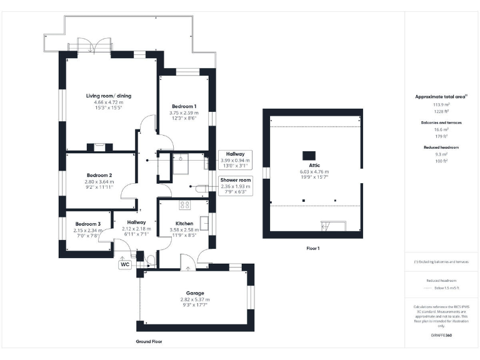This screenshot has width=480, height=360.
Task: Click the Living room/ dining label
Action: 109,96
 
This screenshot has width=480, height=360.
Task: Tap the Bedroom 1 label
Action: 184,106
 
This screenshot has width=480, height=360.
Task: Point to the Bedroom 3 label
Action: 87,224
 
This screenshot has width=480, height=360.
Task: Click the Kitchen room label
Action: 184,223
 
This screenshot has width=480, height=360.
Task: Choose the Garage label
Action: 196,293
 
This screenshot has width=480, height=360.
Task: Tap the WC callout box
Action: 124,264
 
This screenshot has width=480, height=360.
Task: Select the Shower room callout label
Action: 235,180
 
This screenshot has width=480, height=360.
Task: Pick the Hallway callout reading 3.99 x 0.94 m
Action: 235,160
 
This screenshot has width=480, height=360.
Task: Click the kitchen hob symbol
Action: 186,204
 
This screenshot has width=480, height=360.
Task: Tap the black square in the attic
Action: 309,154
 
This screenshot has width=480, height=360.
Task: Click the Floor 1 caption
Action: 313,248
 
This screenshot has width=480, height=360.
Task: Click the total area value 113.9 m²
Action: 442,105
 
